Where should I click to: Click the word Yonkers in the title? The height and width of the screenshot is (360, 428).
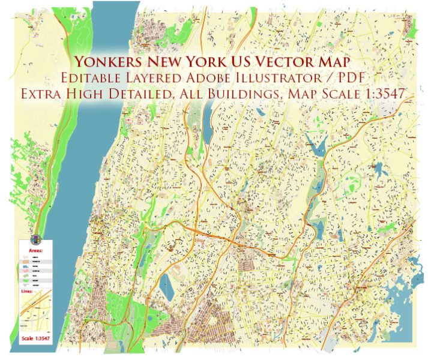(x=107, y=62)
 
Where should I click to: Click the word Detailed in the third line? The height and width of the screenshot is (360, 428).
(x=162, y=95)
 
